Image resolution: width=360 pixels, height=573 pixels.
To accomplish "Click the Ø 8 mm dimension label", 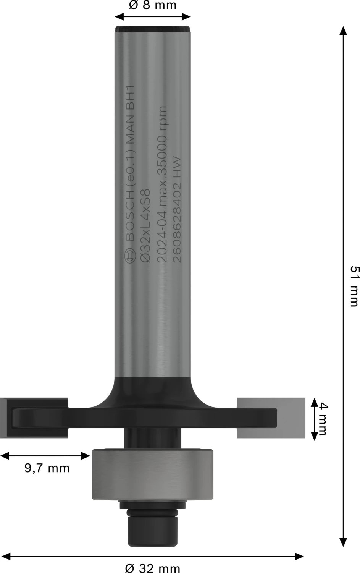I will coord(152,5).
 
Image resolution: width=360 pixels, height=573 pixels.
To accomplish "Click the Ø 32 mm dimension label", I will coord(152,568).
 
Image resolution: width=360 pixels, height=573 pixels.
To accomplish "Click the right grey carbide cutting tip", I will coord(271,418).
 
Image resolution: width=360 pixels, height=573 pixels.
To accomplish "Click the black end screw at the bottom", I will coord(152,533).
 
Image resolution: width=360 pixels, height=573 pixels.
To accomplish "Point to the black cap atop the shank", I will coord(152,29).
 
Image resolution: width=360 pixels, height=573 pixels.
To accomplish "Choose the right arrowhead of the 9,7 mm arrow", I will coord(87,455).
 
